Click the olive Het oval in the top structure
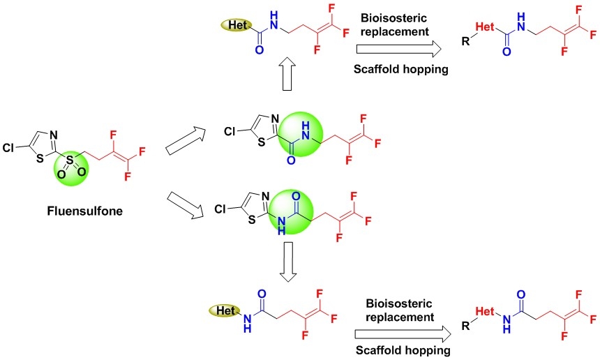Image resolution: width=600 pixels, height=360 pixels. click(230, 25)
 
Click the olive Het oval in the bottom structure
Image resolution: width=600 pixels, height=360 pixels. click(225, 307)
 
